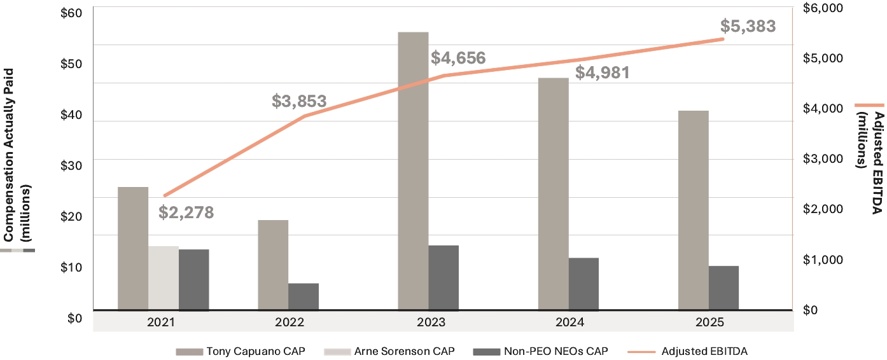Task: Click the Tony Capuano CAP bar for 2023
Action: coord(413,171)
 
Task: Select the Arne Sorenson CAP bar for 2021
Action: coord(164,278)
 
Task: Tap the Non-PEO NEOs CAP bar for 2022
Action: coord(304,297)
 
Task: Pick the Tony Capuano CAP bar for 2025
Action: coord(693,211)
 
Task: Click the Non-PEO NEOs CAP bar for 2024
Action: coord(583,284)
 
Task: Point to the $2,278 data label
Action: coord(186,213)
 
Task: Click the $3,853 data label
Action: coord(299,101)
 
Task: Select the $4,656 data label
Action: coord(458,58)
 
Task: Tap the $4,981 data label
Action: coord(602,73)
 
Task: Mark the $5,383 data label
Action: coord(748,26)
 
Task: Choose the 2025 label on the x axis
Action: coord(709,322)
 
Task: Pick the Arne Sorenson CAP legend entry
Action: coord(389,351)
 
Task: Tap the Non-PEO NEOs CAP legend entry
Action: coord(540,351)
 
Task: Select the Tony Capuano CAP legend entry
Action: coord(241,351)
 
